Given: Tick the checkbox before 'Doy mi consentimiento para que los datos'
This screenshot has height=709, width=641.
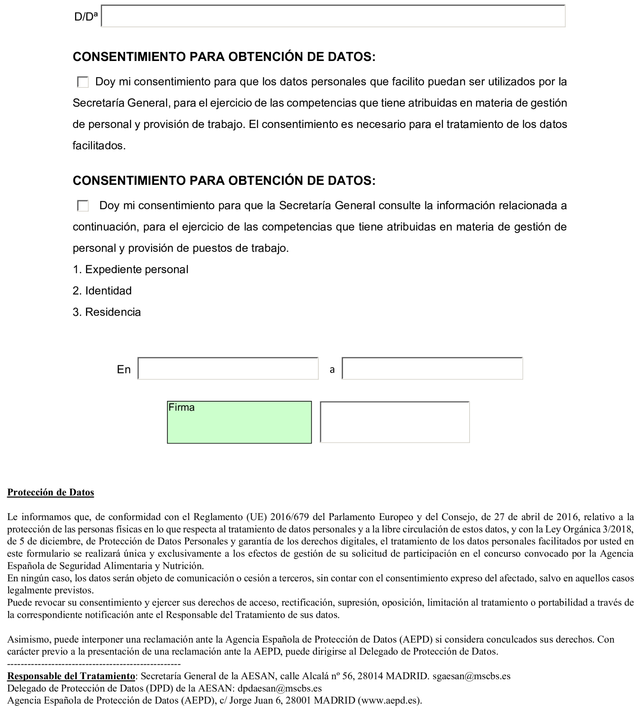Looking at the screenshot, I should point(83,82).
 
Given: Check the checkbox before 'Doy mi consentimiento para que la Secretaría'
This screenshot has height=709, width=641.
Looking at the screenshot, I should point(83,206).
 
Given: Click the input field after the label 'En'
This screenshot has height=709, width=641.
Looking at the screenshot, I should point(228,369).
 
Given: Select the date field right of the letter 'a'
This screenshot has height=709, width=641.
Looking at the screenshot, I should point(432,369).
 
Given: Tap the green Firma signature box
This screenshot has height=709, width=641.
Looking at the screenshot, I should point(239,422).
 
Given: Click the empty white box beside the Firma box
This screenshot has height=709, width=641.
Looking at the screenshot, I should point(395,422).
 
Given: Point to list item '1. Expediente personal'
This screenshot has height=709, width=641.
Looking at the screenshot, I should point(130,270).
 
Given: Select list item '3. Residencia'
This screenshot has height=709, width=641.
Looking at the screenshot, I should point(106,312).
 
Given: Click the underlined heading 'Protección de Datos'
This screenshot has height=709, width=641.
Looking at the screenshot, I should point(51,492).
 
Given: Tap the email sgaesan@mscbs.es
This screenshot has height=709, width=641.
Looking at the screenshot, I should point(471,676).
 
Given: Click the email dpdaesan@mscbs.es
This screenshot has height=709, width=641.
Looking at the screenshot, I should point(279,688).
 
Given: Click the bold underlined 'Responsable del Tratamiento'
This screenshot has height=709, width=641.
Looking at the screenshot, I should point(71,676).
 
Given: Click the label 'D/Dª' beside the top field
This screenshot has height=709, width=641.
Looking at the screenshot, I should point(86,17).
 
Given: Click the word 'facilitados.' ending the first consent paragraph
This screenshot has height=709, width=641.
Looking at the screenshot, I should point(99,145).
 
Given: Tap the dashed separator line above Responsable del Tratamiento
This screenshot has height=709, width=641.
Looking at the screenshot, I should point(94,664).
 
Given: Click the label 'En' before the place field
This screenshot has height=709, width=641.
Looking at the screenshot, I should point(124,369).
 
